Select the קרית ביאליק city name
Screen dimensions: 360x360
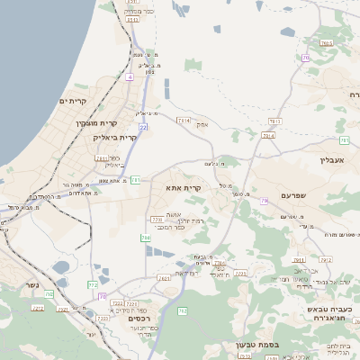coord(115,138)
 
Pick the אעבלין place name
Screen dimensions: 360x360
coord(332,159)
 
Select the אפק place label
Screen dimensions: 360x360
coord(202,124)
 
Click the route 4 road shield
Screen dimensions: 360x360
coord(130,77)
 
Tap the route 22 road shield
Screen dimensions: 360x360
coord(142,128)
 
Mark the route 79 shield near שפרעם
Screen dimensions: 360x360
coord(265,201)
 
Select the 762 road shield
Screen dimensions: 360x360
coord(182,310)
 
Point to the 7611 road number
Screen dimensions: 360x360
coord(102,157)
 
